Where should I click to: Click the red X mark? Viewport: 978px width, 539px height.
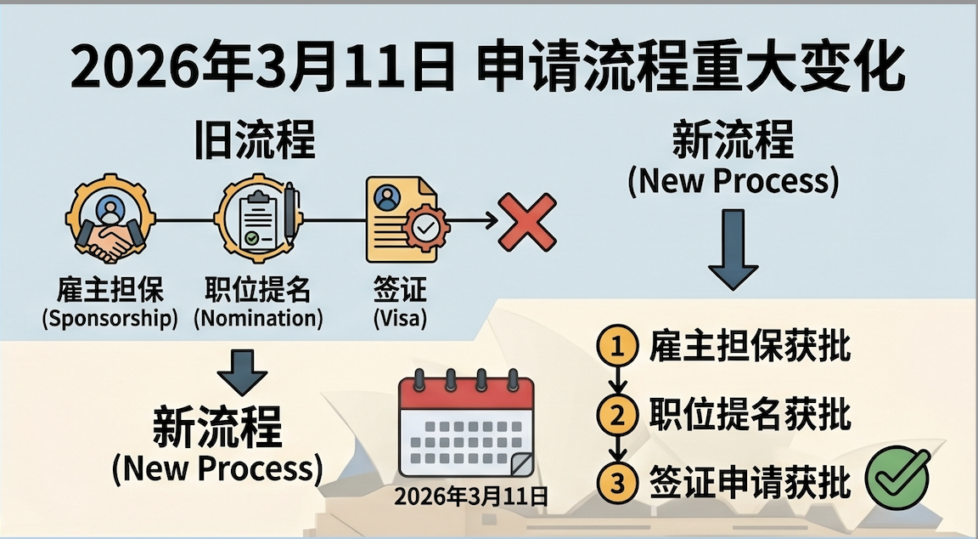(527, 222)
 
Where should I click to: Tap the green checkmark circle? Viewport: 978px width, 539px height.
(898, 479)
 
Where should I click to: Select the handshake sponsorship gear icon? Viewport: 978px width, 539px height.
(110, 218)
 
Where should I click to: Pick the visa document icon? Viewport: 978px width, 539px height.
(407, 218)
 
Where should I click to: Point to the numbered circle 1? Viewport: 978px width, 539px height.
(617, 345)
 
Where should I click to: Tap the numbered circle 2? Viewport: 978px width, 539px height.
(617, 415)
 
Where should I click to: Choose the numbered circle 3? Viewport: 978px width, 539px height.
(617, 484)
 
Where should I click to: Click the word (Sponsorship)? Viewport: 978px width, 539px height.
(110, 319)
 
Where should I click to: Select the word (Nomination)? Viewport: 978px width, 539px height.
(258, 319)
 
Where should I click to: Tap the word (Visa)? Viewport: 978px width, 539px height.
(401, 319)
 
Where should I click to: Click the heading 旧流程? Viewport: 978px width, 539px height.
(255, 139)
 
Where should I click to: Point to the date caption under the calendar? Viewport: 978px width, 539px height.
(471, 496)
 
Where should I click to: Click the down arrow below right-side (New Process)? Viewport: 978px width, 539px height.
(733, 249)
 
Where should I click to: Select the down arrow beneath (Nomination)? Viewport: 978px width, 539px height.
(243, 372)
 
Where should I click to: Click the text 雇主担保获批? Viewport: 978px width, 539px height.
(750, 345)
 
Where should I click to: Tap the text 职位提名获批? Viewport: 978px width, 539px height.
(750, 414)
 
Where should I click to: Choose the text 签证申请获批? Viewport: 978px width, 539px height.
(750, 483)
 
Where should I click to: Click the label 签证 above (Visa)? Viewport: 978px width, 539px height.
(401, 290)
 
